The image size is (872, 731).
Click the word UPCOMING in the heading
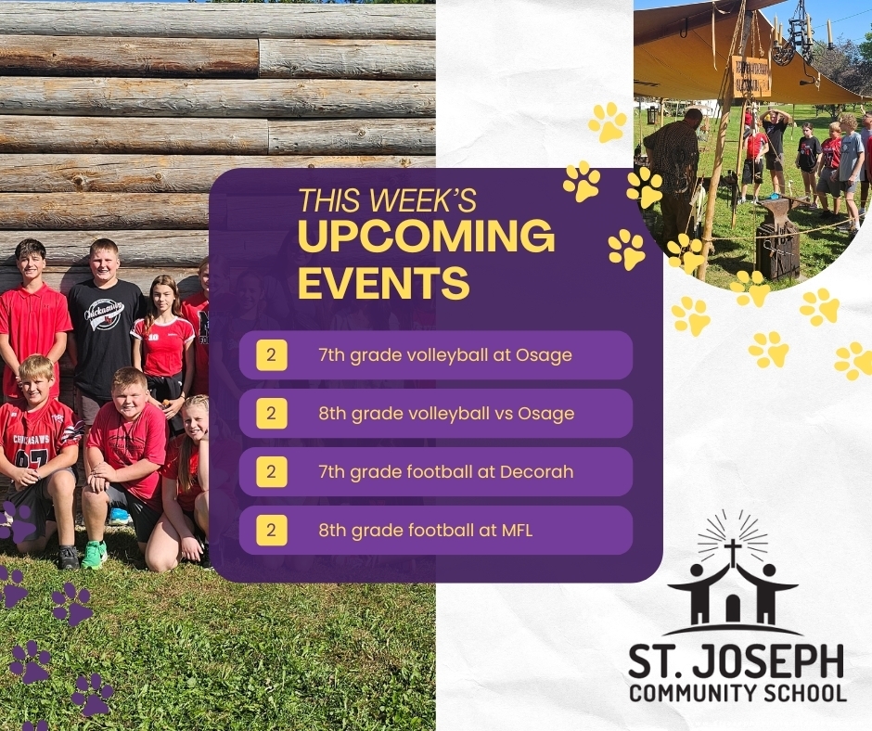(x=427, y=236)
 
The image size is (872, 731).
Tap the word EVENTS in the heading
(x=384, y=282)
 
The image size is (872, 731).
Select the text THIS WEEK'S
(x=387, y=199)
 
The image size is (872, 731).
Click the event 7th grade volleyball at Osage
(x=445, y=355)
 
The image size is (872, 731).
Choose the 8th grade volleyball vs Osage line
(x=446, y=414)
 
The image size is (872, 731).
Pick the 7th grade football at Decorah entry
(x=445, y=472)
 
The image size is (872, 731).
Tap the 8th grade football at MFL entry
(x=426, y=531)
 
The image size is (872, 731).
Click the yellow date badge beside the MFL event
(x=272, y=531)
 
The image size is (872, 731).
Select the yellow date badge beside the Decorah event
(x=272, y=472)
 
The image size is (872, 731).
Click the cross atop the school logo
(x=733, y=551)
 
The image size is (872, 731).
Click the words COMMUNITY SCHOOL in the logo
(x=738, y=693)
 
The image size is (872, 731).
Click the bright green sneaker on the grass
(x=95, y=555)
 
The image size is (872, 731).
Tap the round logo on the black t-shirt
(x=104, y=314)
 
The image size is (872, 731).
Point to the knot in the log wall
(x=81, y=181)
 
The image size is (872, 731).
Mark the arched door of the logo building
(x=733, y=609)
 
